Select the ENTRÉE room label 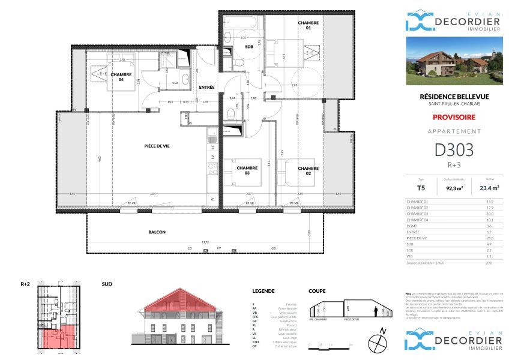coord(207,88)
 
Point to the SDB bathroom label coord(248,47)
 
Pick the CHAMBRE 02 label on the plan coord(307,170)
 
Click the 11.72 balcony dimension coord(205,242)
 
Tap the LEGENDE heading coord(264,291)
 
